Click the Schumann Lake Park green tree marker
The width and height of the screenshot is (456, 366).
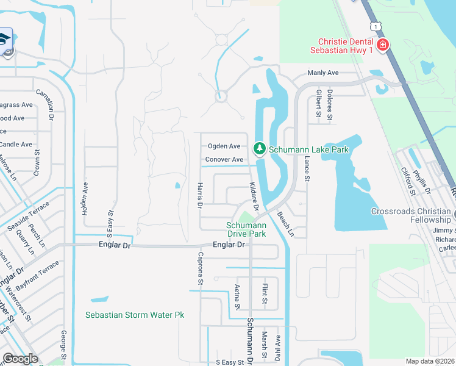tap(260, 149)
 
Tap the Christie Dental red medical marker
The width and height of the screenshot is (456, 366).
tap(383, 45)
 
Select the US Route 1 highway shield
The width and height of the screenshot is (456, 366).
tap(375, 26)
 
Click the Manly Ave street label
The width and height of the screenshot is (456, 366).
tap(323, 73)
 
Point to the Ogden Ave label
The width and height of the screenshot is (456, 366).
tap(224, 146)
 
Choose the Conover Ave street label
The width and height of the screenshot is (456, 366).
tap(224, 159)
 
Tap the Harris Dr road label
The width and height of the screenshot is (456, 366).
tap(199, 195)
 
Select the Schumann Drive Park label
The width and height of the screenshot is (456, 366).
tap(247, 229)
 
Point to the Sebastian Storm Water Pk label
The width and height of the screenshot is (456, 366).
tap(135, 315)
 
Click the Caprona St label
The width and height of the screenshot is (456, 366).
tap(200, 269)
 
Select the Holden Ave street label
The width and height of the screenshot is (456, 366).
tap(85, 196)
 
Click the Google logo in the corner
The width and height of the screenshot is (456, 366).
tap(20, 359)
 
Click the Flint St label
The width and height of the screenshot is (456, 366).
tap(265, 295)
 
